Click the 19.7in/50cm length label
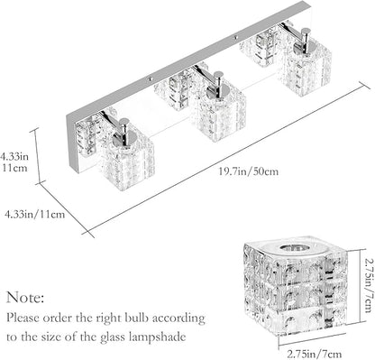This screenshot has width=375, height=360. [x=248, y=171]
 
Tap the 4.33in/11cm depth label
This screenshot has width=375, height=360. [x=35, y=214]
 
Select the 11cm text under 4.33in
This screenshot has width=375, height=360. [x=15, y=168]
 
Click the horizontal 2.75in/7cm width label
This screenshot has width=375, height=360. [x=315, y=354]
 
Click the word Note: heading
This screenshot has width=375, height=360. [x=25, y=298]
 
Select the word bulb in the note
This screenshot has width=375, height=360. [x=136, y=318]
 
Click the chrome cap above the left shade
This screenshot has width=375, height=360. [x=123, y=133]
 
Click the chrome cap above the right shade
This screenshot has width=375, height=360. [x=305, y=42]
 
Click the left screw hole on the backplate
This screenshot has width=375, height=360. [x=149, y=79]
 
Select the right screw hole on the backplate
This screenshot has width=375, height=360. [x=236, y=38]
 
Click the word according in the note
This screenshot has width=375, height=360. [x=178, y=318]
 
